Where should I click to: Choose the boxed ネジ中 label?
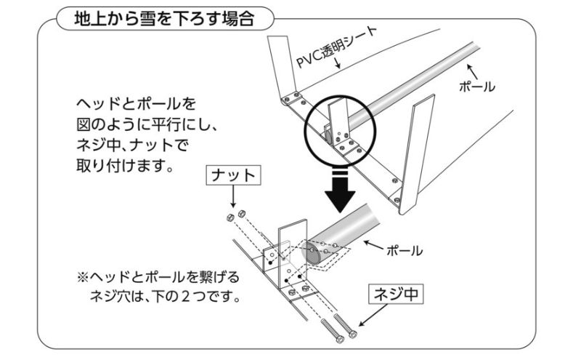click(397, 295)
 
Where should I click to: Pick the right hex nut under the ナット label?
click(240, 214)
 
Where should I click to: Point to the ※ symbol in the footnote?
click(82, 279)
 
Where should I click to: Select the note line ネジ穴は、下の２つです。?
click(165, 298)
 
